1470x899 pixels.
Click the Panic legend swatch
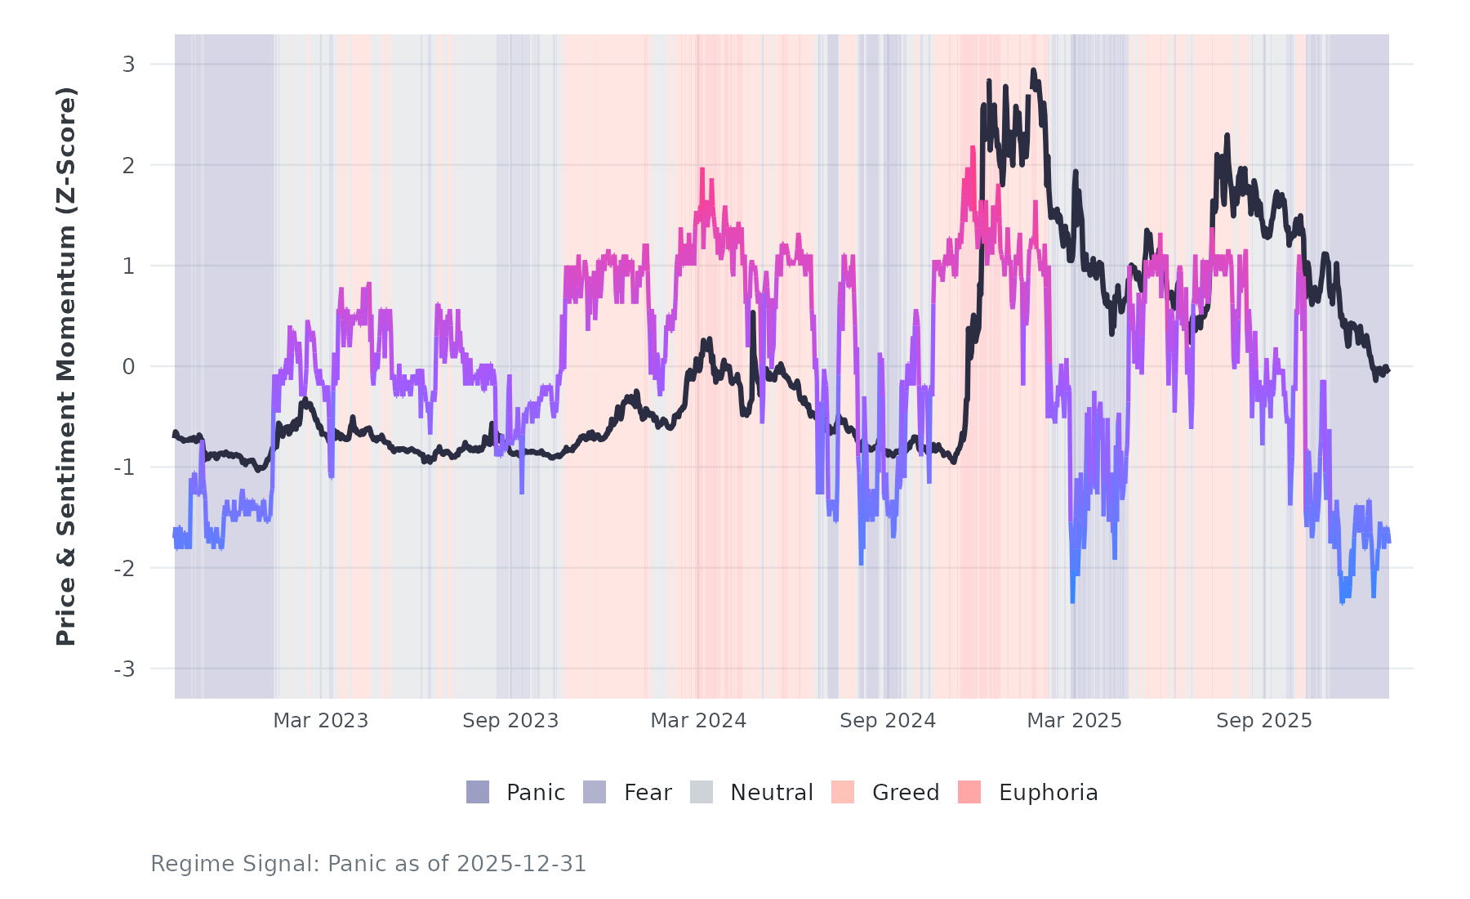tap(478, 792)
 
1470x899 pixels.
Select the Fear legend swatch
tap(595, 792)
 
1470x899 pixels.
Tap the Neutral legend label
tap(771, 793)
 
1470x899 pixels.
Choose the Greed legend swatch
tap(843, 792)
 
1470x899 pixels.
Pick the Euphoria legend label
tap(1048, 793)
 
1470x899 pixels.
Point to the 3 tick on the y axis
tap(129, 65)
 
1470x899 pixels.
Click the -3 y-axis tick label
tap(125, 669)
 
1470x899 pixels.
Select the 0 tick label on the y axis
tap(129, 367)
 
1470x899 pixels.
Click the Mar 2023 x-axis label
tap(320, 721)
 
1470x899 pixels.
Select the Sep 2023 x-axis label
tap(510, 721)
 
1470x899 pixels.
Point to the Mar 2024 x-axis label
tap(698, 721)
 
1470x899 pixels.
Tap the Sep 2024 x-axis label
tap(888, 721)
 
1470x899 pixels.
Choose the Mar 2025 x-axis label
tap(1074, 721)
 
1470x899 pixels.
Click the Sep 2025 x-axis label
tap(1263, 721)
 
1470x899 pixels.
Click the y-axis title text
tap(66, 366)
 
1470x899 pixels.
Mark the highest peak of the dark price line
tap(1033, 71)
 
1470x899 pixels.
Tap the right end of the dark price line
tap(1388, 370)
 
